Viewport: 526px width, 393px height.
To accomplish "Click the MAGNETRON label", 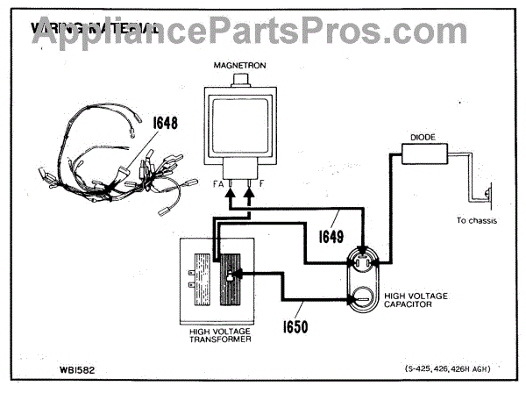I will (x=238, y=66).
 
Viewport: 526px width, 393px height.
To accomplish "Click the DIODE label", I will (x=424, y=137).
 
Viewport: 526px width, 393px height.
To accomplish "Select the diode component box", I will (x=424, y=155).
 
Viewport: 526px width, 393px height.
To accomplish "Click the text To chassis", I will (x=476, y=221).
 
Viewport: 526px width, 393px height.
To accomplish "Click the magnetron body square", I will (x=238, y=123).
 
